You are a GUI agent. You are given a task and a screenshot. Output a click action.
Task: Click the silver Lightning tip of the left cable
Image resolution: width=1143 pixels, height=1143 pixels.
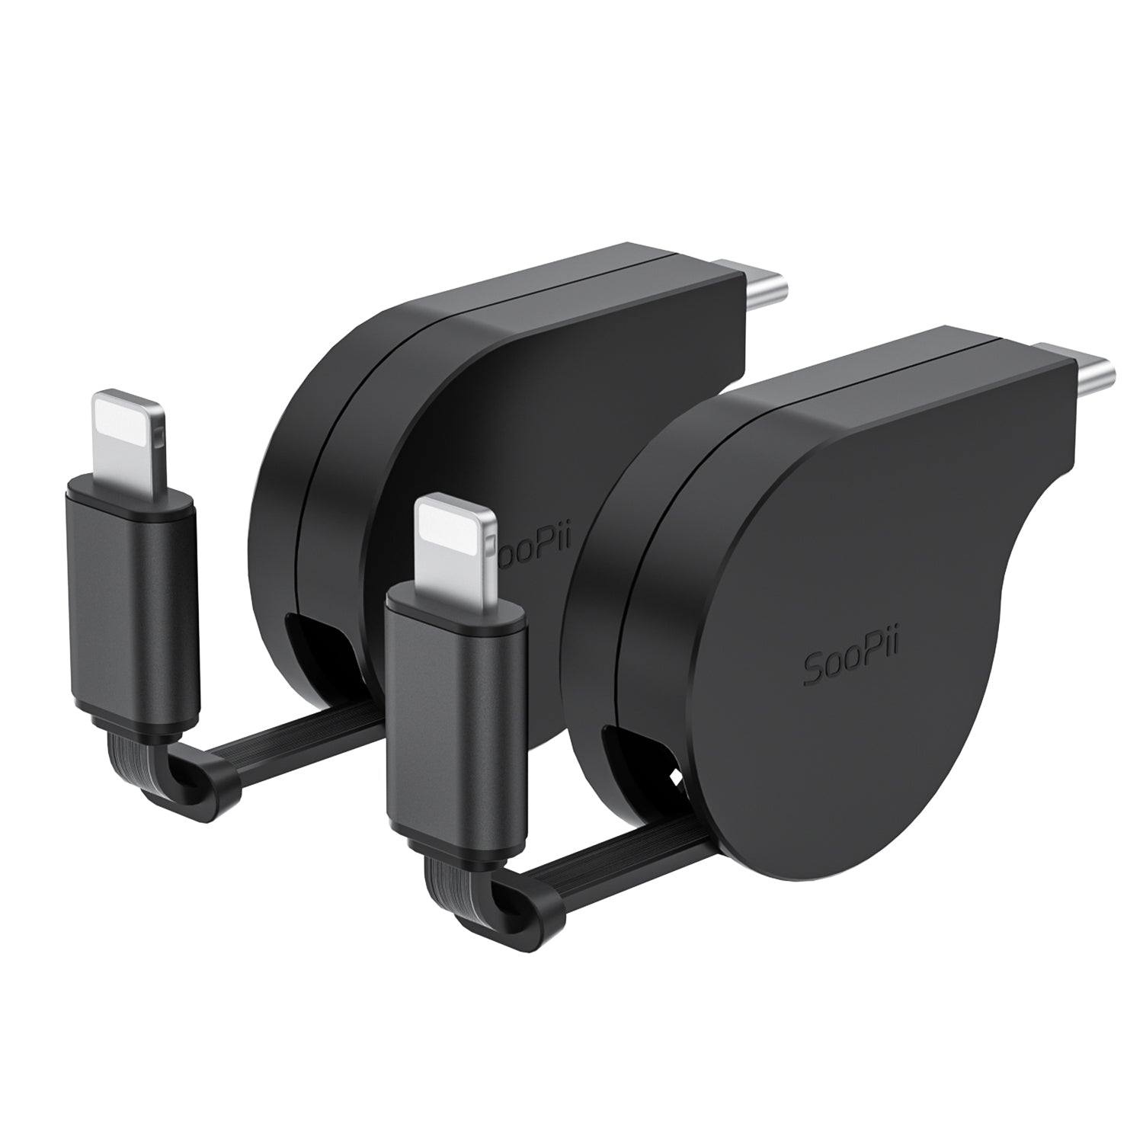(x=127, y=438)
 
